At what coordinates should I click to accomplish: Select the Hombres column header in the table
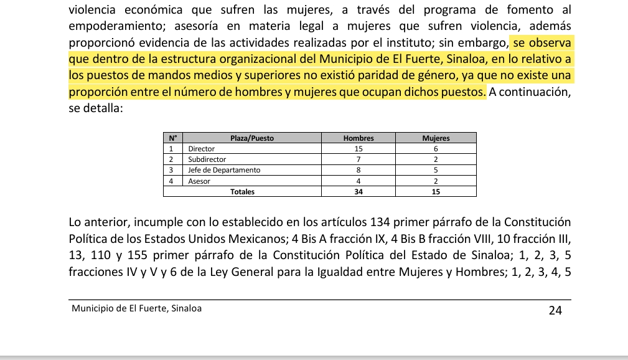tap(359, 138)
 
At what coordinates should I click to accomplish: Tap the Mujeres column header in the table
tap(436, 138)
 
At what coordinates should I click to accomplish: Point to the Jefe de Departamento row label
tap(224, 170)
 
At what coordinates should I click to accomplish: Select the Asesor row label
tap(199, 181)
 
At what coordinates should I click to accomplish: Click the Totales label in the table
tap(242, 192)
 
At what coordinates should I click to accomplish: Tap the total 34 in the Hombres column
tap(359, 192)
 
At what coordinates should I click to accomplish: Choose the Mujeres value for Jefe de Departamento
tap(436, 170)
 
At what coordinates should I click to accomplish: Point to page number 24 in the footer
tap(555, 310)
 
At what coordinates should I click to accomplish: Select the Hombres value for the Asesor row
tap(359, 181)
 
